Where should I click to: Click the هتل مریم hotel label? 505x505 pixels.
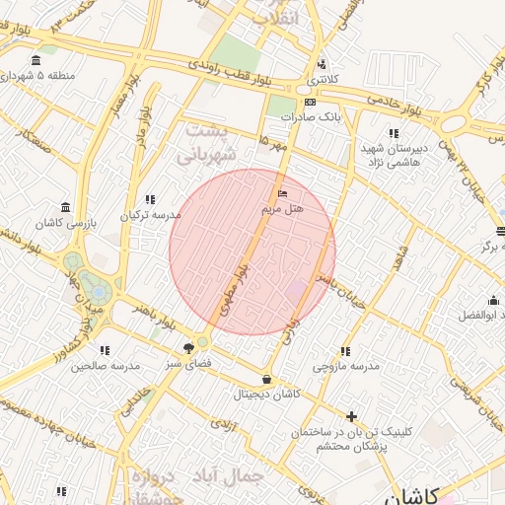pos(282,210)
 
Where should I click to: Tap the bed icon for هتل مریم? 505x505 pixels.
pos(283,192)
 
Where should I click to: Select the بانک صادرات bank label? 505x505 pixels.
pos(310,116)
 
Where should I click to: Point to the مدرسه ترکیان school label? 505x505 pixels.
pos(151,214)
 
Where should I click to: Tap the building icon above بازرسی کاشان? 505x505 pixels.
pos(65,207)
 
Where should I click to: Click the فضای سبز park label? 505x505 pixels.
pos(187,363)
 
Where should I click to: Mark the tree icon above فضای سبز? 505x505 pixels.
pos(188,347)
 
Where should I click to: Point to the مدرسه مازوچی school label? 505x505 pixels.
pos(346,366)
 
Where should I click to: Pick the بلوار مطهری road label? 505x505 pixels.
pos(237,285)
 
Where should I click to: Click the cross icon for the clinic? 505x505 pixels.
pos(351,416)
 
